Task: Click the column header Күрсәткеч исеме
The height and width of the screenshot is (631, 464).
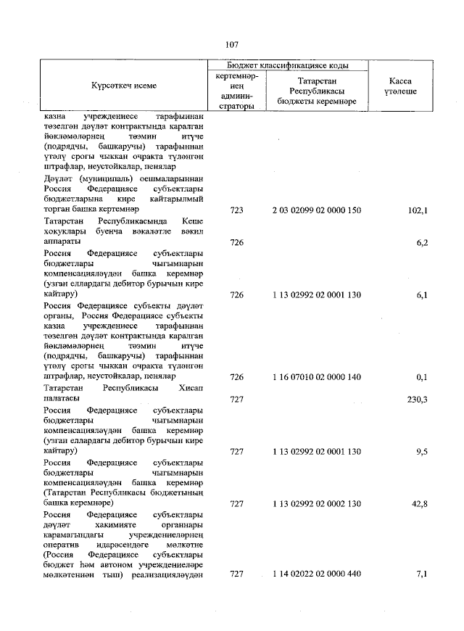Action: point(124,86)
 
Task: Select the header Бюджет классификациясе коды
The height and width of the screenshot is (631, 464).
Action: point(288,65)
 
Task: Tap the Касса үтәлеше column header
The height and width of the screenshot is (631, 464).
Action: point(401,86)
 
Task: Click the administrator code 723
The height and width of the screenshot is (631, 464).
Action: point(236,210)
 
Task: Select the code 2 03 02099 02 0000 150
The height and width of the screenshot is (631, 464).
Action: point(317,210)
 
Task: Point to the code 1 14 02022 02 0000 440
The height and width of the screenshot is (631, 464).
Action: point(317,574)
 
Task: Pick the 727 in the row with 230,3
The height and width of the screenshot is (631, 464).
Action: point(236,399)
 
